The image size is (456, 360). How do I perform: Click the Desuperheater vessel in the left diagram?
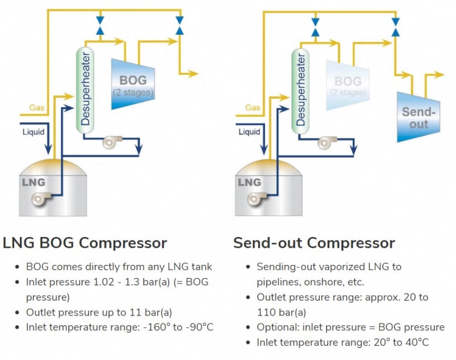[84, 91]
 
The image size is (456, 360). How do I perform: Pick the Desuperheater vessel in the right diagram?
[300, 91]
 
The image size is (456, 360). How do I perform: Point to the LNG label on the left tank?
[32, 183]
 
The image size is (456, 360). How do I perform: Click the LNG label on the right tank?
[249, 183]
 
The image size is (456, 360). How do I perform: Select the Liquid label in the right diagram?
[250, 132]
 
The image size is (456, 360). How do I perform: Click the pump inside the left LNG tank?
[40, 199]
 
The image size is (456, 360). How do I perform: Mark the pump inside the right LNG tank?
[256, 199]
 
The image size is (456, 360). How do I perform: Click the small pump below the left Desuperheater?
[111, 143]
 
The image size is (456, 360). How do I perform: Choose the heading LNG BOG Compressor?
[85, 243]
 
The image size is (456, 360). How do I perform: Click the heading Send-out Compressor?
[313, 243]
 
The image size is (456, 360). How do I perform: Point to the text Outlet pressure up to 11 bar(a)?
[99, 312]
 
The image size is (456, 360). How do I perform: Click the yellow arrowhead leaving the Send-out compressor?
[440, 75]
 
